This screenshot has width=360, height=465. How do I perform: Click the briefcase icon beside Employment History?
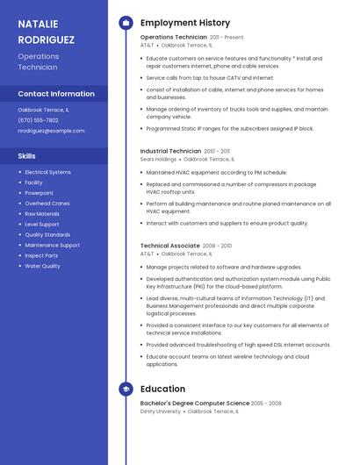coord(126,23)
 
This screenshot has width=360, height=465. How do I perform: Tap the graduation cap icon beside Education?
coord(126,389)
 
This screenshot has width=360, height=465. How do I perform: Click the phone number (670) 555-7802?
coord(39,120)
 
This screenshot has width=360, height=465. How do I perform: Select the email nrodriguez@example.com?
coord(52,131)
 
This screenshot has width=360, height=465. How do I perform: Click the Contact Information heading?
coord(56,94)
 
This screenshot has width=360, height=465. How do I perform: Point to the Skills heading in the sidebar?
coord(27,156)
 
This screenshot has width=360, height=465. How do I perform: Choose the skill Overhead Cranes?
coord(47,204)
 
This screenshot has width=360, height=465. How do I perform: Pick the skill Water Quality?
coord(43,266)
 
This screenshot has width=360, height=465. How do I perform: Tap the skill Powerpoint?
coord(40,193)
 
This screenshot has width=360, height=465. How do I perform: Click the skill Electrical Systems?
coord(48,172)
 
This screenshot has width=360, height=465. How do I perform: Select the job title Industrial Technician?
coord(170,151)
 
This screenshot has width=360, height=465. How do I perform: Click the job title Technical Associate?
coord(169,246)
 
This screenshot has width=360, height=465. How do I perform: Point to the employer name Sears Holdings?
coord(158,160)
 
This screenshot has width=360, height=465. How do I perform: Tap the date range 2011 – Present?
coord(227,38)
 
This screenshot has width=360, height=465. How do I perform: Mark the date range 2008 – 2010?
coord(217,246)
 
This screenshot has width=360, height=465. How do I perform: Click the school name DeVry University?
coord(161,411)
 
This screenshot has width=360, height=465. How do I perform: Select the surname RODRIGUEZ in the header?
coord(47,39)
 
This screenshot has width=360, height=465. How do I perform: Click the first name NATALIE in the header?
coord(40,23)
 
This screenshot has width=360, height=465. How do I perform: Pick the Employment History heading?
coord(185,23)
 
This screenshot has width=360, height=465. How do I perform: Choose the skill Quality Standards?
coord(47,234)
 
